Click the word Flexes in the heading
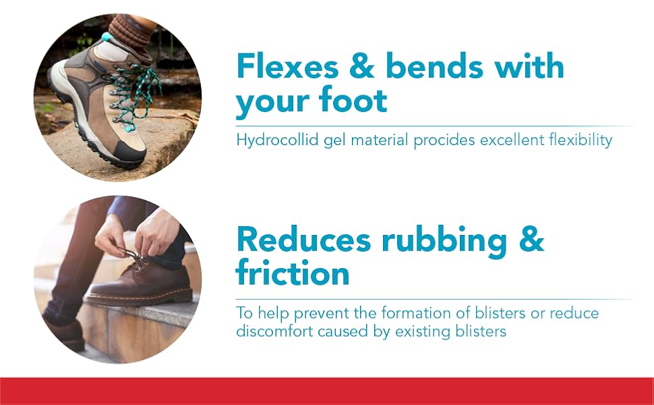287,65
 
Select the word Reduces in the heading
303,240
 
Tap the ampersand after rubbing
531,240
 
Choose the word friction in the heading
293,273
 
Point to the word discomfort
274,331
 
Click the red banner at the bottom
327,391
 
